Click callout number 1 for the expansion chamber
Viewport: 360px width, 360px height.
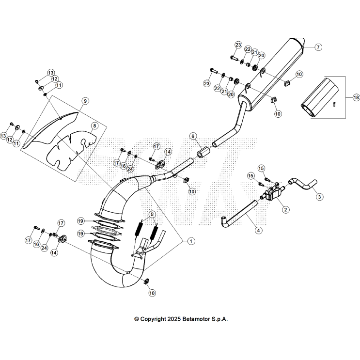click(190, 240)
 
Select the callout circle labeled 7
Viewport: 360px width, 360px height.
click(318, 47)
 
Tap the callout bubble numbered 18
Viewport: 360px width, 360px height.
click(356, 97)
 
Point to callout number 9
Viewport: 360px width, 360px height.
click(85, 101)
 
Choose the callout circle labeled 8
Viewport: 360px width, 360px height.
click(94, 125)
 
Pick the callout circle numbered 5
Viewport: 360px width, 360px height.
click(152, 214)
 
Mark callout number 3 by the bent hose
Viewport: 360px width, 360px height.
click(319, 196)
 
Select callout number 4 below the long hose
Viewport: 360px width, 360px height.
click(259, 231)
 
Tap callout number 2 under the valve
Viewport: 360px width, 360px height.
click(286, 209)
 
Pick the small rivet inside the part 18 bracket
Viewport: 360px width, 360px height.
click(334, 104)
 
